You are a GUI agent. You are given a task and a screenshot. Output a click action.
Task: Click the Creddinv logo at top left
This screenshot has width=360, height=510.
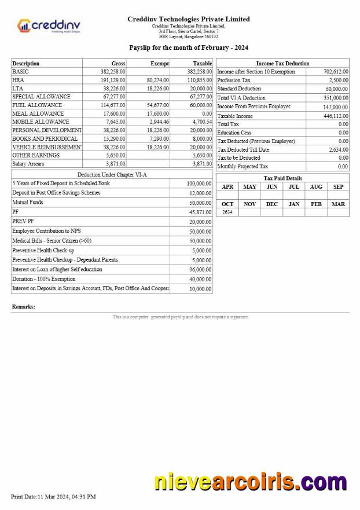[49, 26]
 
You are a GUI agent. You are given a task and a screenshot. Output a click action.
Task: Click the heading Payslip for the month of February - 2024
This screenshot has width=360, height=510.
[188, 47]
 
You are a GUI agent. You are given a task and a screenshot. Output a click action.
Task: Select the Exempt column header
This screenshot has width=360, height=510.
[159, 63]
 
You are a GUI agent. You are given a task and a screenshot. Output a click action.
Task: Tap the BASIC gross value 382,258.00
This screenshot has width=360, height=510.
[113, 71]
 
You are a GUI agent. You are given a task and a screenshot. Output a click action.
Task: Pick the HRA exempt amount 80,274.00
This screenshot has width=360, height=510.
[157, 80]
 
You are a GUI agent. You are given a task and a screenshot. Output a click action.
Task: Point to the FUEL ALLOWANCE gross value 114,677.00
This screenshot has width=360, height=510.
[113, 105]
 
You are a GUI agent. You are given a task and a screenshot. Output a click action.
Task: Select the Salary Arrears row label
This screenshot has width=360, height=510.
[28, 164]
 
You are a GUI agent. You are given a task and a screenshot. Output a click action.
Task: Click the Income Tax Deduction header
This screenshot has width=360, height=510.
[282, 63]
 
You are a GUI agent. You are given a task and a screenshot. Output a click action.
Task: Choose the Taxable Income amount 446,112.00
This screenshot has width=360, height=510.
[335, 116]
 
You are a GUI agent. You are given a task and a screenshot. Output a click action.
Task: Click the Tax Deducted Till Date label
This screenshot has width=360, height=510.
[243, 150]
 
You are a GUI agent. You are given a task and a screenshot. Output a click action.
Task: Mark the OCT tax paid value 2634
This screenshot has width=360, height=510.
[227, 212]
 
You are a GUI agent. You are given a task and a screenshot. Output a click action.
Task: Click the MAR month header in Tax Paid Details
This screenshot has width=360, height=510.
[338, 204]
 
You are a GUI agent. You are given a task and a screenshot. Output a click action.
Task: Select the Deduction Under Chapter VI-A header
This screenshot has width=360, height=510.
[112, 174]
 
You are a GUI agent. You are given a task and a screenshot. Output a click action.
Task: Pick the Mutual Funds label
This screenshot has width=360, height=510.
[28, 203]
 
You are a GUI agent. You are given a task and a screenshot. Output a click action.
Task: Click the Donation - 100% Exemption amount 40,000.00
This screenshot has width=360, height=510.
[200, 279]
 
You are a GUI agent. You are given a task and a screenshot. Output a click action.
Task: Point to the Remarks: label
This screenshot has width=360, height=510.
[24, 307]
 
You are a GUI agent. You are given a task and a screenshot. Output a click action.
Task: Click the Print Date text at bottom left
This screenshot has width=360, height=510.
[53, 497]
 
